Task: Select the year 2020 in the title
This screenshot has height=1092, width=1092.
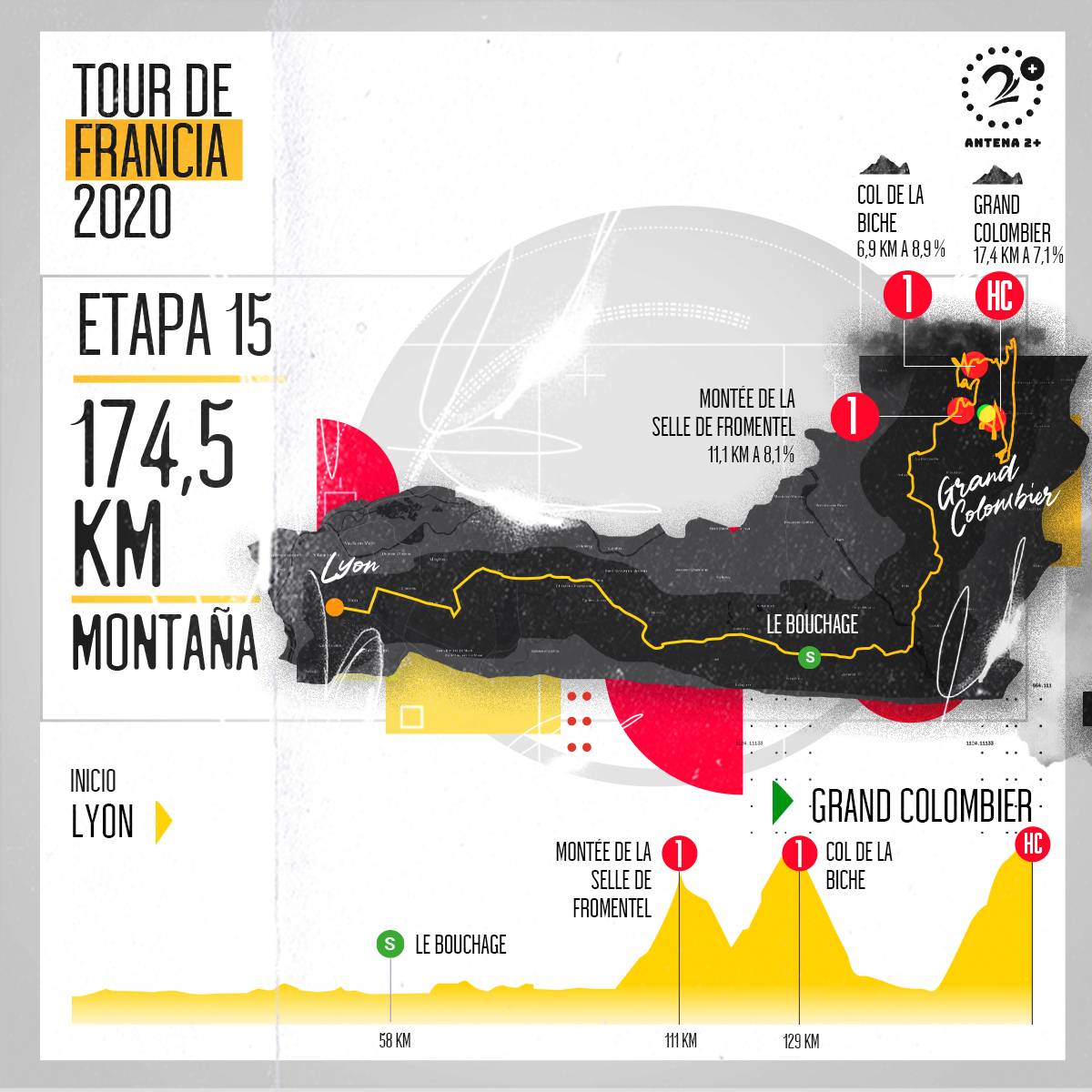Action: [x=122, y=211]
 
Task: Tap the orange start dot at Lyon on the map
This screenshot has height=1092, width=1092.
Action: [x=335, y=607]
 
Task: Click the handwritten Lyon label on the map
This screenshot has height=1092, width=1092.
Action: [x=351, y=570]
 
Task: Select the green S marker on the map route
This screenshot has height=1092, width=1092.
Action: [x=808, y=655]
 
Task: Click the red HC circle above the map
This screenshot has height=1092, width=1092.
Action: [x=999, y=296]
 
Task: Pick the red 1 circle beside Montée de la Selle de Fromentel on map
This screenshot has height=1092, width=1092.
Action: [x=854, y=415]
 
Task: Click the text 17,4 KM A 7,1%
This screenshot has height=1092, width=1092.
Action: [x=1018, y=256]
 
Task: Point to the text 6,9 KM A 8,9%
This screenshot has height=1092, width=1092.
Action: [x=901, y=248]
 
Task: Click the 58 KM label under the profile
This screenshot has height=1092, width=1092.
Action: [x=394, y=1041]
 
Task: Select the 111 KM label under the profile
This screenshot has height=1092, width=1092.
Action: [x=680, y=1041]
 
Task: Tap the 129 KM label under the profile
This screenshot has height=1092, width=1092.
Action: [x=800, y=1041]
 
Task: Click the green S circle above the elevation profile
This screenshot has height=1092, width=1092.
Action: [x=390, y=945]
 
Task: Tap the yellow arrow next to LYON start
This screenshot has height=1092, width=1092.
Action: [x=163, y=822]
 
